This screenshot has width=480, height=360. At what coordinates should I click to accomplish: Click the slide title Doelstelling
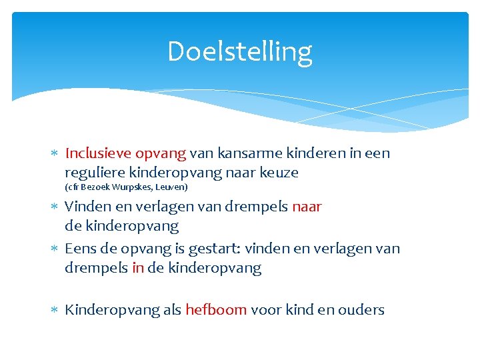[x=239, y=51]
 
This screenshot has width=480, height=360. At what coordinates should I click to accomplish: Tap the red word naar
[x=307, y=206]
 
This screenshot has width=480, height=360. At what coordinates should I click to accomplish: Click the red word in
[x=138, y=268]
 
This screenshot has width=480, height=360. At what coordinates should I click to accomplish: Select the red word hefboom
[x=216, y=310]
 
